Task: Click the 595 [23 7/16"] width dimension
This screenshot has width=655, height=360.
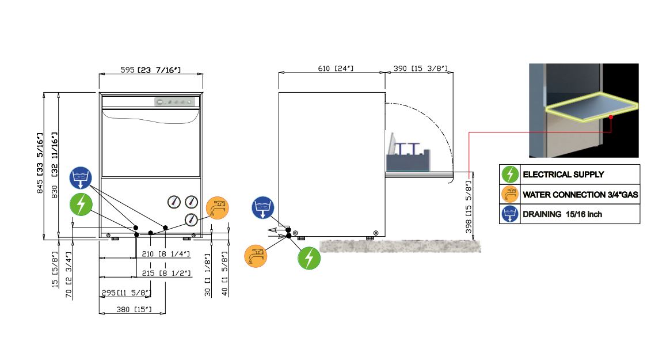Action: (x=150, y=70)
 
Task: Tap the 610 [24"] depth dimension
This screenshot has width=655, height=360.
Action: (x=336, y=68)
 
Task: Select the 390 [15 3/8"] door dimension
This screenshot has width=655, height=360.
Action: (x=420, y=68)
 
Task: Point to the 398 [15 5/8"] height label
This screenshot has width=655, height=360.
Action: (x=469, y=207)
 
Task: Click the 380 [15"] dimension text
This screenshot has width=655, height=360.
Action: (x=134, y=309)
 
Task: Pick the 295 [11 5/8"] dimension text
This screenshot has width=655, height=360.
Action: (x=127, y=293)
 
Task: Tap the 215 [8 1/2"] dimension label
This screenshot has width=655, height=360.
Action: (x=166, y=273)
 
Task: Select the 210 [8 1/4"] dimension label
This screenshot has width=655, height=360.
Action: (x=166, y=254)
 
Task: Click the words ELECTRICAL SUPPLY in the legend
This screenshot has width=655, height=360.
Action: (x=563, y=175)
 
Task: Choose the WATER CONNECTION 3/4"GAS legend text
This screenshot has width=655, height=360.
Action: (x=580, y=195)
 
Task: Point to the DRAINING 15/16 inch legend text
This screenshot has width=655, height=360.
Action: (x=562, y=214)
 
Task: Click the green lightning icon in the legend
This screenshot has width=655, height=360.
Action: (x=510, y=175)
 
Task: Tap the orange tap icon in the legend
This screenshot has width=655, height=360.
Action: (x=510, y=194)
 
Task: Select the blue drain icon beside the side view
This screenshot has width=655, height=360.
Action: (x=263, y=207)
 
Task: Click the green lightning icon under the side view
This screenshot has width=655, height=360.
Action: (x=309, y=258)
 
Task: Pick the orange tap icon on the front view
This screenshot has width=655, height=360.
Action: (x=217, y=208)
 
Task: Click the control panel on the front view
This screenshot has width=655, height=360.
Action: (x=174, y=101)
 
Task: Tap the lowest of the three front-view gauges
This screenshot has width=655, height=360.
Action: (x=191, y=219)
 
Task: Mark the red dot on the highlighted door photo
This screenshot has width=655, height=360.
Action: (x=611, y=117)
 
